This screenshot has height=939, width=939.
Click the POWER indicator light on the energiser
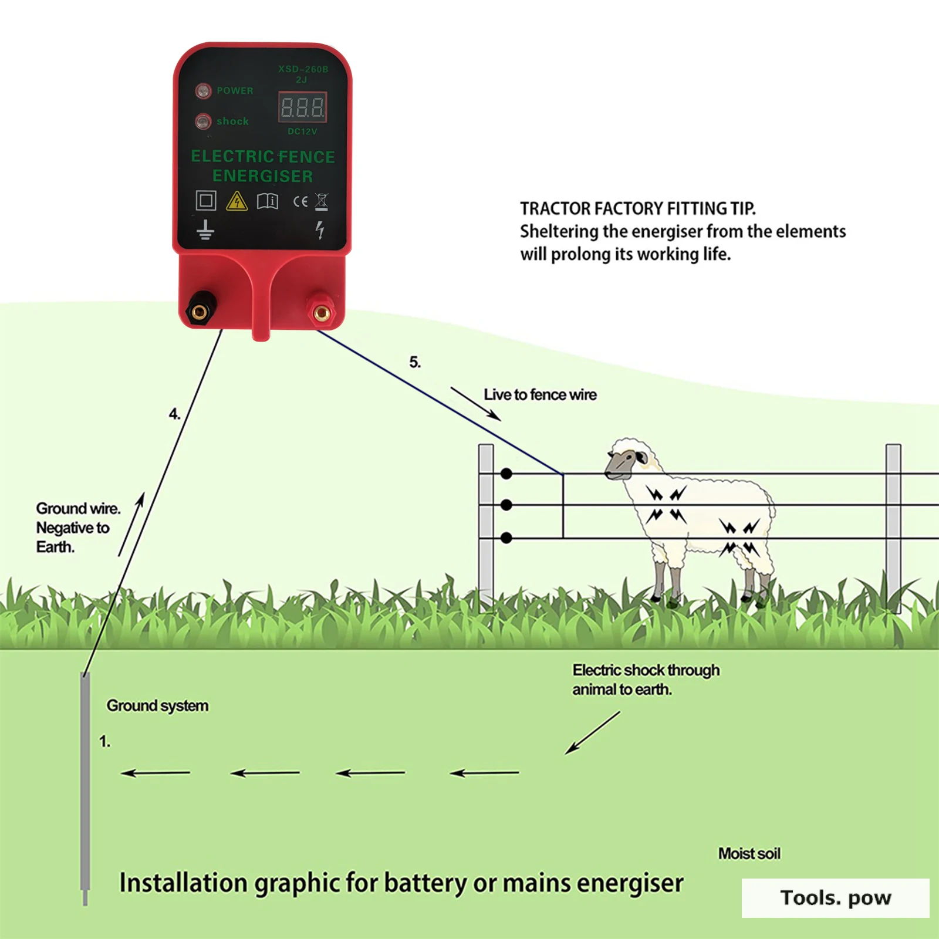(203, 91)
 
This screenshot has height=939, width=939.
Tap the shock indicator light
(203, 121)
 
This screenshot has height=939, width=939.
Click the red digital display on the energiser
(302, 107)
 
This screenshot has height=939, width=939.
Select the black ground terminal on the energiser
(200, 310)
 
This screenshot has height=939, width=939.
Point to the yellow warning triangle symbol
(237, 201)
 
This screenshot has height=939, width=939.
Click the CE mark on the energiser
(300, 201)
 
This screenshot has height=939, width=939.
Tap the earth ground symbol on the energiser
(205, 229)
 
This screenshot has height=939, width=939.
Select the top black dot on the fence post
(506, 474)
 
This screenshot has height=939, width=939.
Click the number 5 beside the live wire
(415, 363)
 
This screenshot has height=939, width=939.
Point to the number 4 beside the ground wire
(174, 414)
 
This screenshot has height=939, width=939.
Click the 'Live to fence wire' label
(540, 395)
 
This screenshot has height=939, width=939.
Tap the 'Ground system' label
(157, 705)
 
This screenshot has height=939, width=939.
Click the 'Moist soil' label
(749, 853)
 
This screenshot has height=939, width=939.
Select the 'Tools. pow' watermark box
(835, 898)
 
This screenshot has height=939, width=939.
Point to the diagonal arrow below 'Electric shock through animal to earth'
(592, 733)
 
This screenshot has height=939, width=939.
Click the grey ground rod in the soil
(85, 786)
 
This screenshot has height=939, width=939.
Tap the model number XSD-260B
(303, 69)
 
